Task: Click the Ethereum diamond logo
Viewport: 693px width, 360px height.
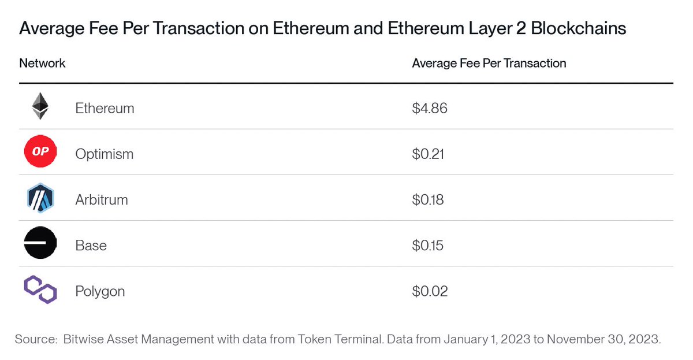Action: (40, 107)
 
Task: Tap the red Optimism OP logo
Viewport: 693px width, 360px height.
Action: (40, 153)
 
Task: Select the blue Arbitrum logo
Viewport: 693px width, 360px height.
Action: (40, 199)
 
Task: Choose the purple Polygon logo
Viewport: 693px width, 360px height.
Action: (40, 290)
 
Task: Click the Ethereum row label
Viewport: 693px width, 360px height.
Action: (105, 108)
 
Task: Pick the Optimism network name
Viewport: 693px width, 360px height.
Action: (104, 154)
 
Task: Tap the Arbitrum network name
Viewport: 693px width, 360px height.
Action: (102, 200)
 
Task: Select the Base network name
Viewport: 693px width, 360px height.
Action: (91, 246)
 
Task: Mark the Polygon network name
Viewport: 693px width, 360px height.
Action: (100, 291)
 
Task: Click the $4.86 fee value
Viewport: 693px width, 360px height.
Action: (430, 108)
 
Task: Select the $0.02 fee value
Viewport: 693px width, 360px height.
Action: (430, 291)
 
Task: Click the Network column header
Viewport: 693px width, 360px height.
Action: (42, 63)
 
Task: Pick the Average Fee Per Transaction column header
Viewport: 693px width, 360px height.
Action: (489, 63)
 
